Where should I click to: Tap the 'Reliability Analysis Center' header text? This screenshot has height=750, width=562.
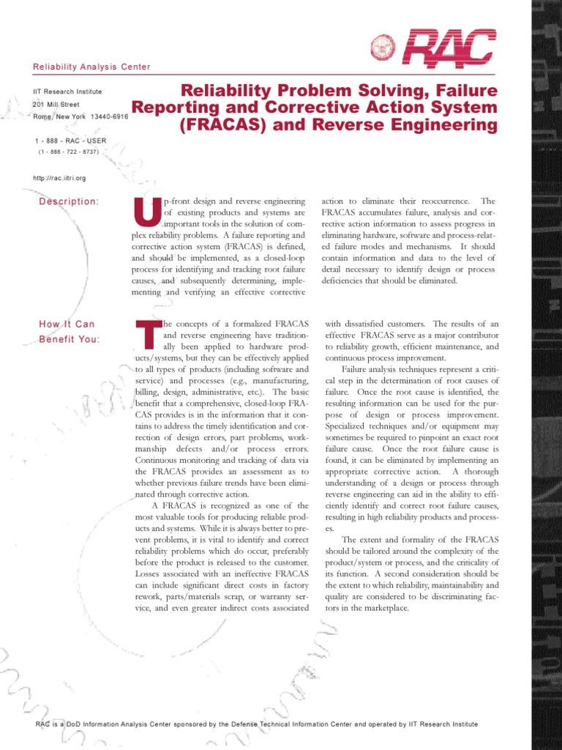point(91,67)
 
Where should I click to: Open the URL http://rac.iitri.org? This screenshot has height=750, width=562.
point(60,178)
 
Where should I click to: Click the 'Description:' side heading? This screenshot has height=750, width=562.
point(70,201)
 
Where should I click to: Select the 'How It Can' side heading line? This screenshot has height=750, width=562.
point(67,324)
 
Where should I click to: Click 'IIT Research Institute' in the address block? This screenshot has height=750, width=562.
point(68,92)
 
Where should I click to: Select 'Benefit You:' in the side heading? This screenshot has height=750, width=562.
point(70,338)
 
